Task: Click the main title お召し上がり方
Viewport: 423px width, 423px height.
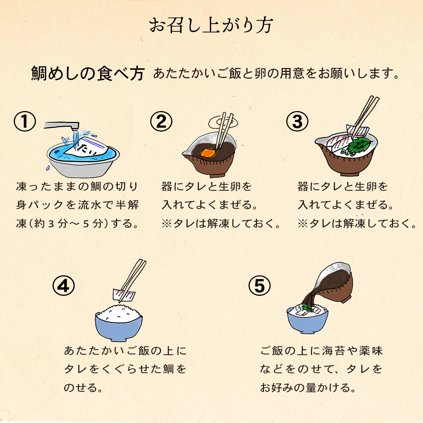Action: coord(211,25)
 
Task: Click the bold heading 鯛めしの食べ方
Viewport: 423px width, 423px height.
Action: coord(88,73)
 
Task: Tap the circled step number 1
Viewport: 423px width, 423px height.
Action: coord(25,121)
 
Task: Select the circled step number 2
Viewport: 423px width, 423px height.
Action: coord(161,121)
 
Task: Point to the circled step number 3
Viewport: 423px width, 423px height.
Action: coord(297,121)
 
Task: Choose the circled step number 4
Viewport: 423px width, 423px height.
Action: coord(63,286)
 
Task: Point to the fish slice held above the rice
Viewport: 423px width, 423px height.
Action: coord(124,295)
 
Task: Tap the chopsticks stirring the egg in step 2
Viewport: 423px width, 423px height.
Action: coord(224,131)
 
